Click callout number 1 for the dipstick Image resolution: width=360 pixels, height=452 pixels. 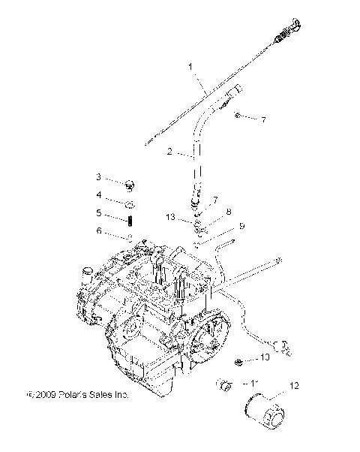[x=190, y=66]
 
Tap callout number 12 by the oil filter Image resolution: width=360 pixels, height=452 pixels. [x=294, y=385]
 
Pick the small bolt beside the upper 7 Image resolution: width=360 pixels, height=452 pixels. [x=238, y=116]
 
